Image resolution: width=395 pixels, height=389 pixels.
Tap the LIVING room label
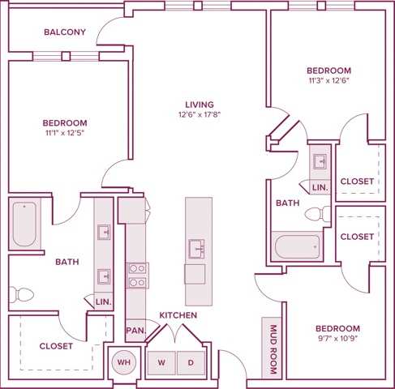(x=199, y=105)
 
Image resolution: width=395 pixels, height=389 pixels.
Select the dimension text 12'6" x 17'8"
(x=199, y=115)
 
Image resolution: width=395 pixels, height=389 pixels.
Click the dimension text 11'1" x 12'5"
(x=64, y=135)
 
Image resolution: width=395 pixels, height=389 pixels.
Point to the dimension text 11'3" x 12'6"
(x=328, y=80)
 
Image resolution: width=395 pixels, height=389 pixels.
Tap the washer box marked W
(x=161, y=362)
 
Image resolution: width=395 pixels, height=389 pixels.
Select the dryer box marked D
(x=191, y=362)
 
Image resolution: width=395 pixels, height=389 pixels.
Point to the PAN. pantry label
(x=135, y=330)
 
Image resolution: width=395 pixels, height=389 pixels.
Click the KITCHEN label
(x=177, y=314)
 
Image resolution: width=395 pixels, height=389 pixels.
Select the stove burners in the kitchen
(x=136, y=275)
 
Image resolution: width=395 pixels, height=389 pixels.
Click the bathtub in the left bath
(x=24, y=224)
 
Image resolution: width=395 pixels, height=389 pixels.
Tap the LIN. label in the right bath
(x=320, y=187)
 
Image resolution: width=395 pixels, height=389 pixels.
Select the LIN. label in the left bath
(x=104, y=301)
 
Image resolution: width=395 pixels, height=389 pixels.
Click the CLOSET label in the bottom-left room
(x=56, y=345)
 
